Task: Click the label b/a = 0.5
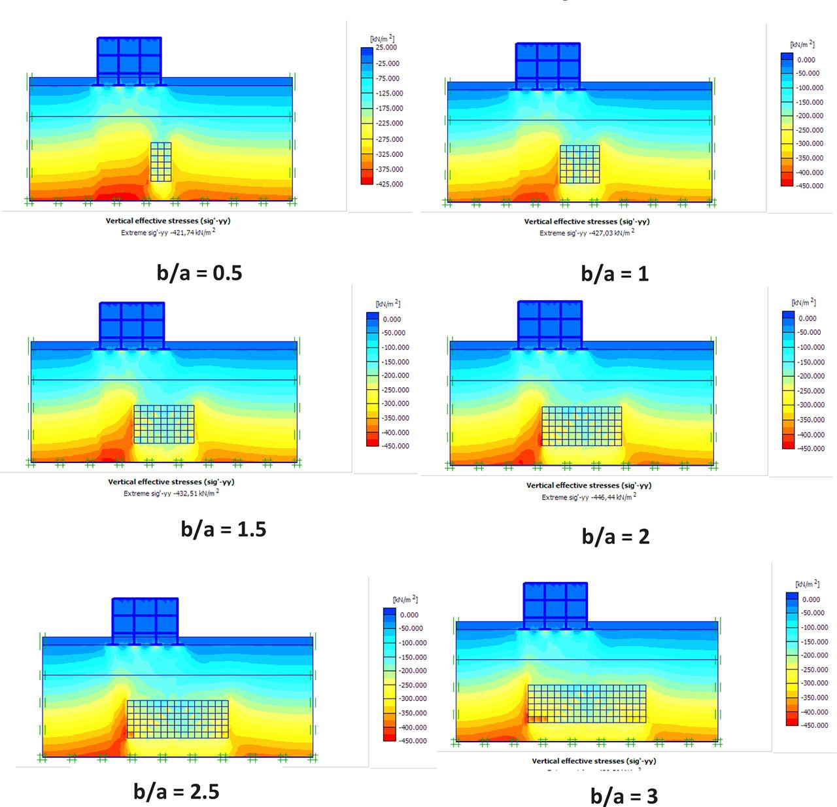pos(199,272)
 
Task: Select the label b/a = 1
pos(615,273)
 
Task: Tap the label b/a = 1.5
pos(224,528)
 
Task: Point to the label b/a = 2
pos(615,536)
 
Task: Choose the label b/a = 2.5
pos(177,791)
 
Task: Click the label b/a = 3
pos(624,796)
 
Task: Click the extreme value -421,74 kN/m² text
pos(168,233)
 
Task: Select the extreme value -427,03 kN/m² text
pos(587,233)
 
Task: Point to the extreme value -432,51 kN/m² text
pos(171,493)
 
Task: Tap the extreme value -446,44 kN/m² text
pos(589,497)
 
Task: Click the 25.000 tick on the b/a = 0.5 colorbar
pos(386,48)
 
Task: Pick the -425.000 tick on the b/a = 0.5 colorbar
pos(388,184)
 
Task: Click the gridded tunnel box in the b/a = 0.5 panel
pos(161,162)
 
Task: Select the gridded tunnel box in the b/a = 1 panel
pos(579,164)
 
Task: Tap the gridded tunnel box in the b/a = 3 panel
pos(587,704)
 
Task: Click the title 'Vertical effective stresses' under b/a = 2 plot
pos(589,485)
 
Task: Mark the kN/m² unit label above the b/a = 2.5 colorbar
pos(405,600)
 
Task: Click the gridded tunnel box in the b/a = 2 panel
pos(581,426)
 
